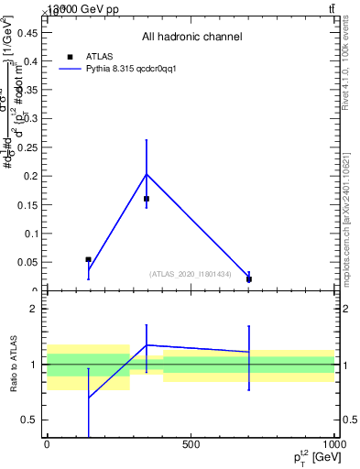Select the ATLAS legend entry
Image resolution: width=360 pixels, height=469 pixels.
[99, 57]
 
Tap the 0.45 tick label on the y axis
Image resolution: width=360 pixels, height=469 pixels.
[27, 32]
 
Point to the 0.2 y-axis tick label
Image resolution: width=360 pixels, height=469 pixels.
[30, 175]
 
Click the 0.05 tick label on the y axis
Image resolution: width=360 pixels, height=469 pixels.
[27, 262]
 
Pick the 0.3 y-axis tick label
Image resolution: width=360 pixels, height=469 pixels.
[30, 118]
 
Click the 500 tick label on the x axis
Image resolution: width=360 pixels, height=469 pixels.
[191, 444]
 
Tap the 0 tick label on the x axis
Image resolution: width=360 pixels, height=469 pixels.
[47, 444]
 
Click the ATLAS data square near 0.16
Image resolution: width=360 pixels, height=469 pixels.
[147, 198]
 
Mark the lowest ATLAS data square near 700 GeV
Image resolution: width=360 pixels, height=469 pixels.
[249, 278]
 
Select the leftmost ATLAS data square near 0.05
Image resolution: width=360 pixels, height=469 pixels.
[88, 260]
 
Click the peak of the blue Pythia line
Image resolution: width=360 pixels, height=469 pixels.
[147, 174]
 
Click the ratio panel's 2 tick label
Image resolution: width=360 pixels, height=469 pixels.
[33, 309]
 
